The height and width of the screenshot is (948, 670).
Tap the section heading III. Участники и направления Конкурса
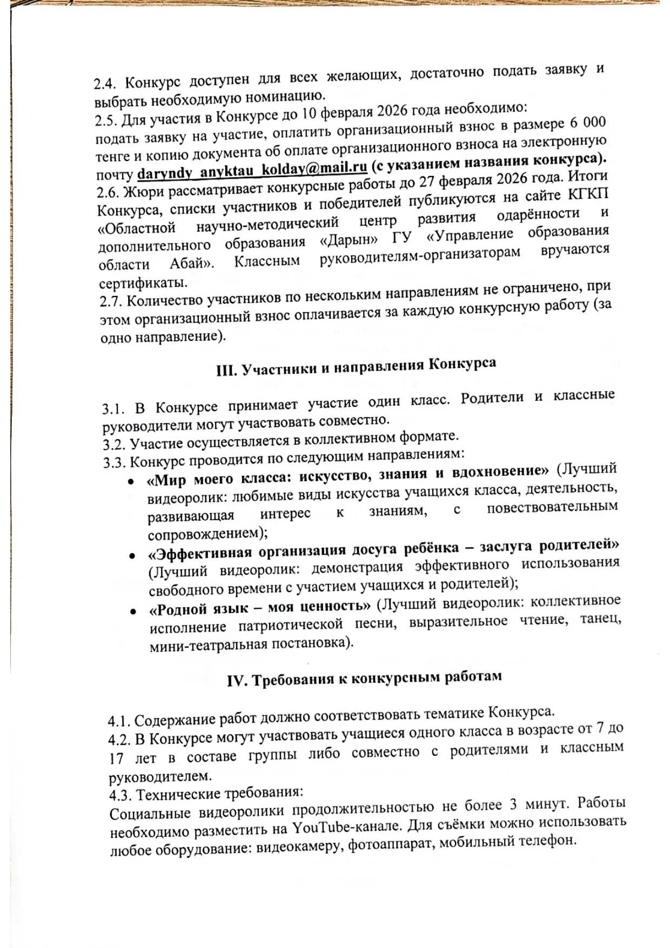click(x=352, y=367)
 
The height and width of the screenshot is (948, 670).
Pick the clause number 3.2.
click(x=114, y=444)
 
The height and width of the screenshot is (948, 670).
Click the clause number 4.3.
click(x=119, y=795)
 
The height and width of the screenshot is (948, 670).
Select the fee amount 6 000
click(x=587, y=123)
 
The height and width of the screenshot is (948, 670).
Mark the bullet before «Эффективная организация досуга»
click(x=131, y=555)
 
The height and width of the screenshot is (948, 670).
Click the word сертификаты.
click(x=144, y=283)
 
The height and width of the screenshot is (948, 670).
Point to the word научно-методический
click(x=267, y=223)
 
